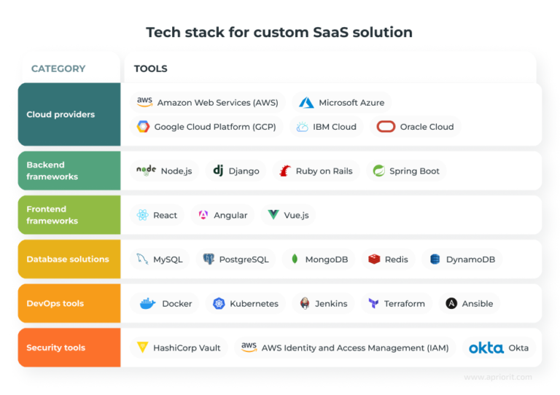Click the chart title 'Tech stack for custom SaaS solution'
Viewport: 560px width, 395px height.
click(x=279, y=32)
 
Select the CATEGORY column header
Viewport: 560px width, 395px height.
click(x=58, y=69)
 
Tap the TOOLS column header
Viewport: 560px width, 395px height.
click(x=150, y=69)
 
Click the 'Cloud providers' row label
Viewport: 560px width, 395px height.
click(x=61, y=114)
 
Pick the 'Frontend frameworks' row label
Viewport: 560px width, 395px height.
click(x=52, y=215)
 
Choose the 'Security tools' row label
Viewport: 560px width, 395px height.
click(x=55, y=348)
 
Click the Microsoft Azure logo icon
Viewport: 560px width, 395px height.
click(x=306, y=103)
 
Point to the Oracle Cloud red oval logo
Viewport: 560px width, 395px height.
click(x=386, y=127)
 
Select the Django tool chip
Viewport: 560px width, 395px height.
click(x=236, y=171)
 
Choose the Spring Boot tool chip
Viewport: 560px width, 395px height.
click(x=406, y=171)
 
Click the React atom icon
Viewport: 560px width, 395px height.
click(x=142, y=215)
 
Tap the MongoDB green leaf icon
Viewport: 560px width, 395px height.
click(x=295, y=259)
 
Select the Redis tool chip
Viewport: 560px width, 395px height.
click(x=388, y=259)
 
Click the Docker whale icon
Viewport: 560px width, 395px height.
click(x=147, y=303)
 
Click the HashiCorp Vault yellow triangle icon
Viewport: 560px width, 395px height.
click(x=142, y=348)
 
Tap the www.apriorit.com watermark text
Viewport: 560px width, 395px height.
click(x=498, y=378)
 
